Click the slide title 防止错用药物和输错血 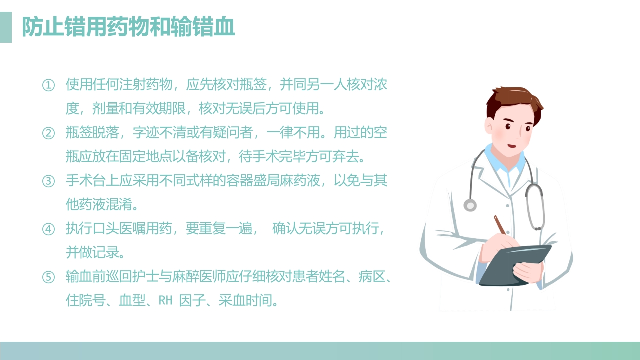tap(128, 27)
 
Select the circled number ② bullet tap(48, 133)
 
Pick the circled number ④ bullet tap(48, 229)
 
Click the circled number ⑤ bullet tap(48, 277)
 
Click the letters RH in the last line tap(165, 301)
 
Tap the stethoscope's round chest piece tap(470, 205)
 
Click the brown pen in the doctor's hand tap(500, 225)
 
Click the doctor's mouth tap(512, 146)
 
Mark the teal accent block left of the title tap(6, 27)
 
